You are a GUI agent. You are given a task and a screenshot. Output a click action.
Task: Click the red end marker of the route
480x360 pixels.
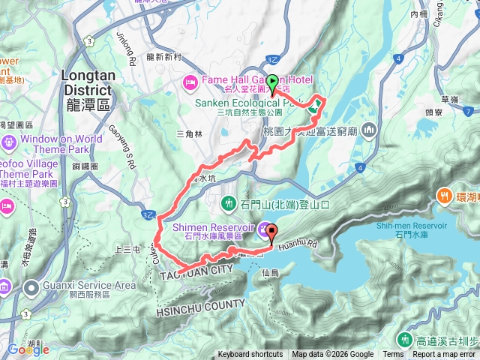click(271, 232)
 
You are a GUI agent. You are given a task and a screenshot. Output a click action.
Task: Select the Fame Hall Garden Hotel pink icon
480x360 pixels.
click(190, 81)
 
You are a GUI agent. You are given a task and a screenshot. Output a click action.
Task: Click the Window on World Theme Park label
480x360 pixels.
click(61, 144)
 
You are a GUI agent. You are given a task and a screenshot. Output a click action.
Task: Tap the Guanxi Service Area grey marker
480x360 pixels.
click(31, 286)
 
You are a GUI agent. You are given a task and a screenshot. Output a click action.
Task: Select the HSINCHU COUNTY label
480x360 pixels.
click(200, 304)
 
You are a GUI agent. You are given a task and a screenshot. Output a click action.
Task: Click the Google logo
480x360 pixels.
click(28, 349)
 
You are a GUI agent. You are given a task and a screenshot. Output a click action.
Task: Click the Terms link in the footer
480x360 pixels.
click(393, 355)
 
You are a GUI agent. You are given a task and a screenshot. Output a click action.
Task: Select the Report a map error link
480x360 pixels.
click(444, 355)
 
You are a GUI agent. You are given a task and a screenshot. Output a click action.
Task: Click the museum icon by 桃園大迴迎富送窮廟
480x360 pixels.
click(368, 131)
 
